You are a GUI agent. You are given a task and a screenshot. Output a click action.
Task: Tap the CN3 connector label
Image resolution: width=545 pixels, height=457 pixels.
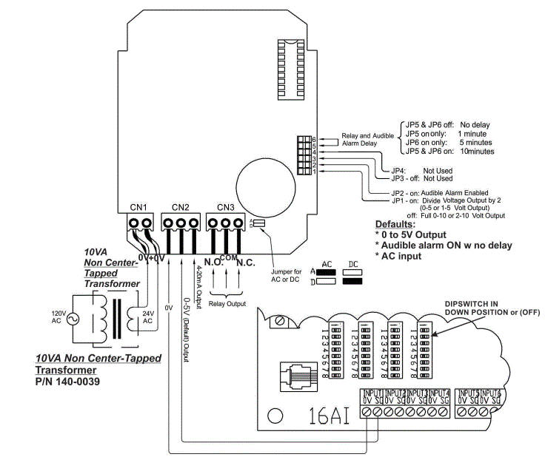coord(226,206)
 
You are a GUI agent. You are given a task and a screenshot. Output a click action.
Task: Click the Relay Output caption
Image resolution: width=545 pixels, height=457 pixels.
coord(227,302)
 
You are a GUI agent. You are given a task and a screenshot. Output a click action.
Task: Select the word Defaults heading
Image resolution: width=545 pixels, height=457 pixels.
coord(395,223)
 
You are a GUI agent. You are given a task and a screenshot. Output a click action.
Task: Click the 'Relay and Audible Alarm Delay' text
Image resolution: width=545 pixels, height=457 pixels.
coord(367,140)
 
